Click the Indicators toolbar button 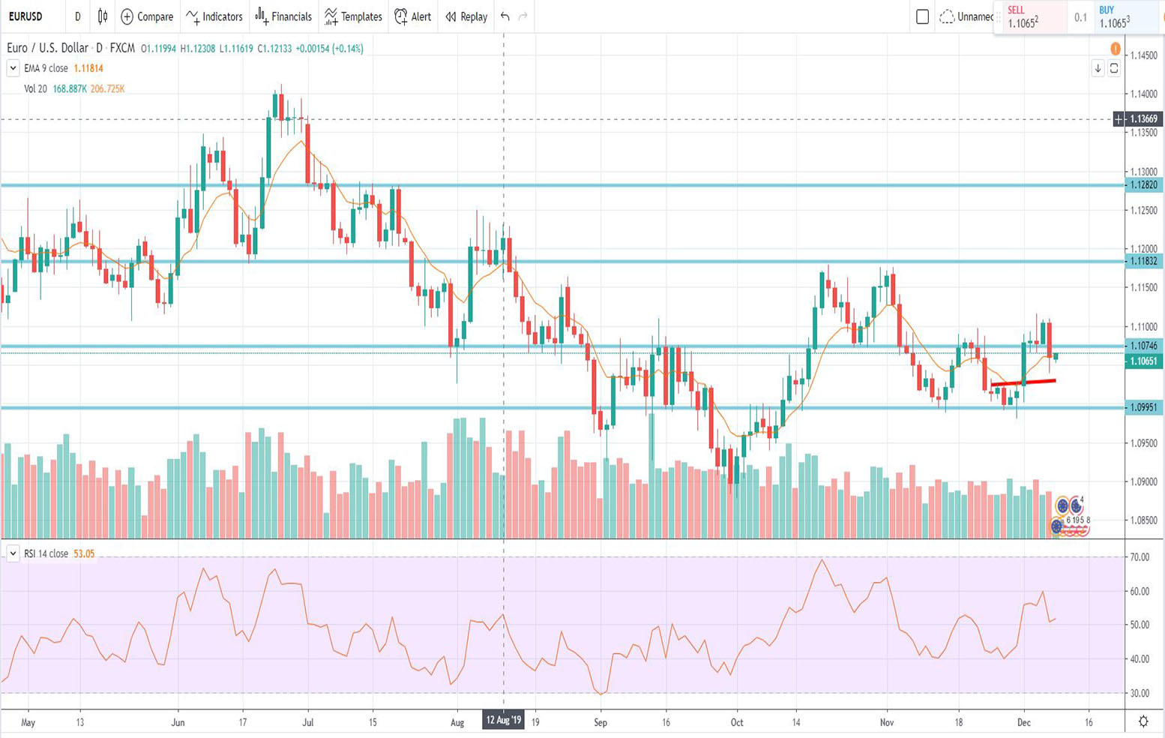point(214,16)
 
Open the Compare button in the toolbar point(147,16)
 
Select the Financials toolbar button point(283,16)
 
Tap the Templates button point(353,16)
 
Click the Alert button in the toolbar point(413,16)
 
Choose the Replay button point(466,16)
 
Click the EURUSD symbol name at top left point(25,16)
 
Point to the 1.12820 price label point(1143,185)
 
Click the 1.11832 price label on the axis point(1143,262)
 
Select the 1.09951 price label point(1143,408)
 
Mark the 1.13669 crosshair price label point(1143,119)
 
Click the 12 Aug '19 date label point(503,721)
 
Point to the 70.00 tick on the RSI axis point(1140,557)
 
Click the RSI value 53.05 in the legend point(84,554)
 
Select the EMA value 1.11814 point(88,68)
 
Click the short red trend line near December point(1023,382)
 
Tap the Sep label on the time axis point(600,722)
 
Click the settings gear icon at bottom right point(1143,721)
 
